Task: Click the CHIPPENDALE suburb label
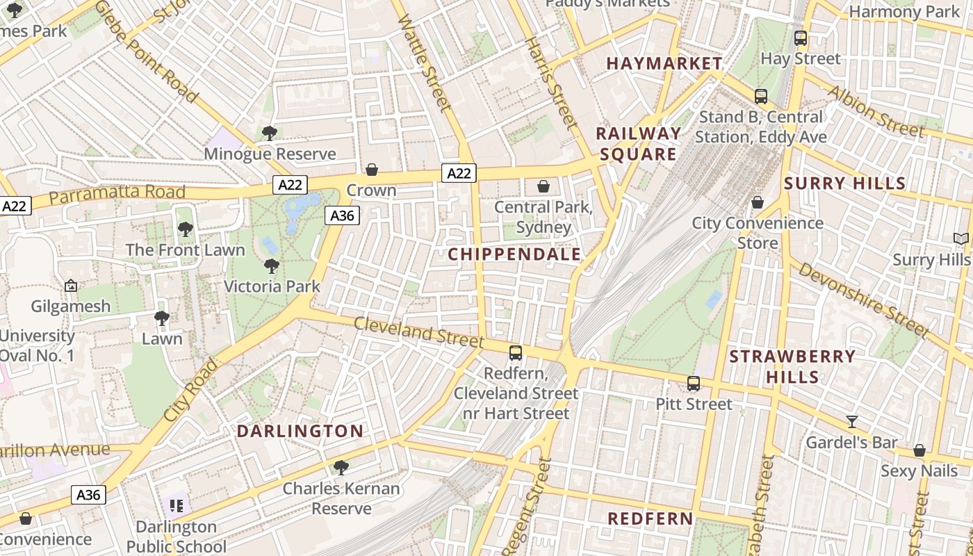[x=514, y=254]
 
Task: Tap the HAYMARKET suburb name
[x=664, y=63]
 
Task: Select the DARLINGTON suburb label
[x=300, y=431]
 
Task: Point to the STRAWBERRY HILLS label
[x=792, y=366]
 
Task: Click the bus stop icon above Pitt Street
[x=694, y=384]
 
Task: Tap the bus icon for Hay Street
[x=801, y=38]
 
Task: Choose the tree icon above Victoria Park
[x=272, y=265]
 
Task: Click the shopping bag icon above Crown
[x=372, y=170]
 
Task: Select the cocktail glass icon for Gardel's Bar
[x=851, y=422]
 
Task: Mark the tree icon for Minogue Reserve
[x=270, y=133]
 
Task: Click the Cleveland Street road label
[x=418, y=332]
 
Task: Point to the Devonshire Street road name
[x=862, y=300]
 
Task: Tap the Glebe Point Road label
[x=146, y=51]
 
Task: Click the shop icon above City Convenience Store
[x=758, y=202]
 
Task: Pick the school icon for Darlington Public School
[x=177, y=505]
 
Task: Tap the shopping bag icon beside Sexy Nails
[x=919, y=450]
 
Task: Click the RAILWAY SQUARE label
[x=638, y=144]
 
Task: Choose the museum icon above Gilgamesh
[x=70, y=286]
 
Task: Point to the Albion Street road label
[x=876, y=111]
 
